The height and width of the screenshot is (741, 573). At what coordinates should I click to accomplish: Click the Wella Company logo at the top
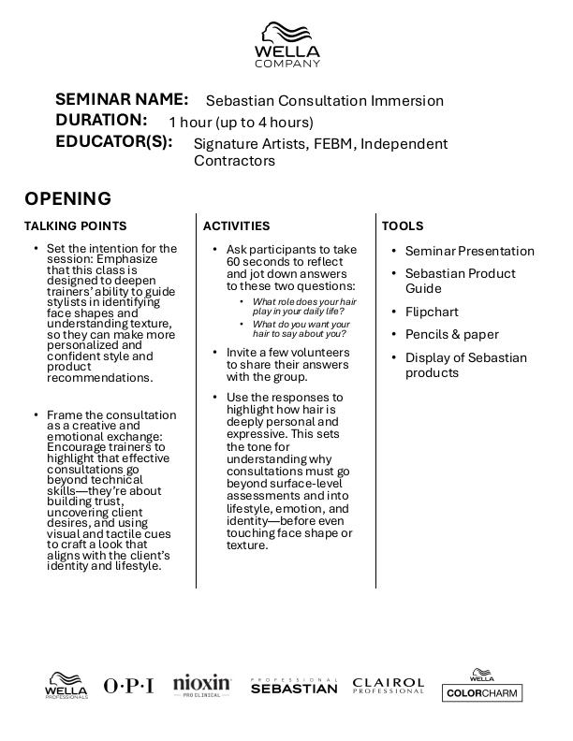pyautogui.click(x=286, y=45)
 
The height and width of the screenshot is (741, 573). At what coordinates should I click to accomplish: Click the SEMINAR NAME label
pyautogui.click(x=122, y=99)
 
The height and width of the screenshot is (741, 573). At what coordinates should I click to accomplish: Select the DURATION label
pyautogui.click(x=101, y=120)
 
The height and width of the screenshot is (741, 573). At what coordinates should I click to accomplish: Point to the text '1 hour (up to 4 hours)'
pyautogui.click(x=241, y=122)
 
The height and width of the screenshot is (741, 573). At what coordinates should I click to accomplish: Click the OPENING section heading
pyautogui.click(x=67, y=198)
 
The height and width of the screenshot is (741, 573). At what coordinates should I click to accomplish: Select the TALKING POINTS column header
pyautogui.click(x=75, y=225)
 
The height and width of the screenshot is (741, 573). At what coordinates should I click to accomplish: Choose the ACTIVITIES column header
pyautogui.click(x=236, y=225)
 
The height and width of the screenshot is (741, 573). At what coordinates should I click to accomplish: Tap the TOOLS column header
pyautogui.click(x=403, y=225)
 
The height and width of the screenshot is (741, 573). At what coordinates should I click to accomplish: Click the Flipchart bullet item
pyautogui.click(x=432, y=312)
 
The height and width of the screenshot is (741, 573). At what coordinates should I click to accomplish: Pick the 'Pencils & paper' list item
pyautogui.click(x=451, y=334)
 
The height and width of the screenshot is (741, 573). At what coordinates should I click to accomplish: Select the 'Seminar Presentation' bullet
pyautogui.click(x=469, y=251)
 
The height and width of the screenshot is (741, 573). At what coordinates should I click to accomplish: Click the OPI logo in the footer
pyautogui.click(x=128, y=686)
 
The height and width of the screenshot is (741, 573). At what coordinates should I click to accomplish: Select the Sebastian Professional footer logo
pyautogui.click(x=294, y=686)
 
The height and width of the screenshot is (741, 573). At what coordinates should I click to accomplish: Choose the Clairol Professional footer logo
pyautogui.click(x=388, y=686)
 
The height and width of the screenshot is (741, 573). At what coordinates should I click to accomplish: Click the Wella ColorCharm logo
pyautogui.click(x=482, y=686)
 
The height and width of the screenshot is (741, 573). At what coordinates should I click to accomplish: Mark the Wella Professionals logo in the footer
pyautogui.click(x=66, y=686)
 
